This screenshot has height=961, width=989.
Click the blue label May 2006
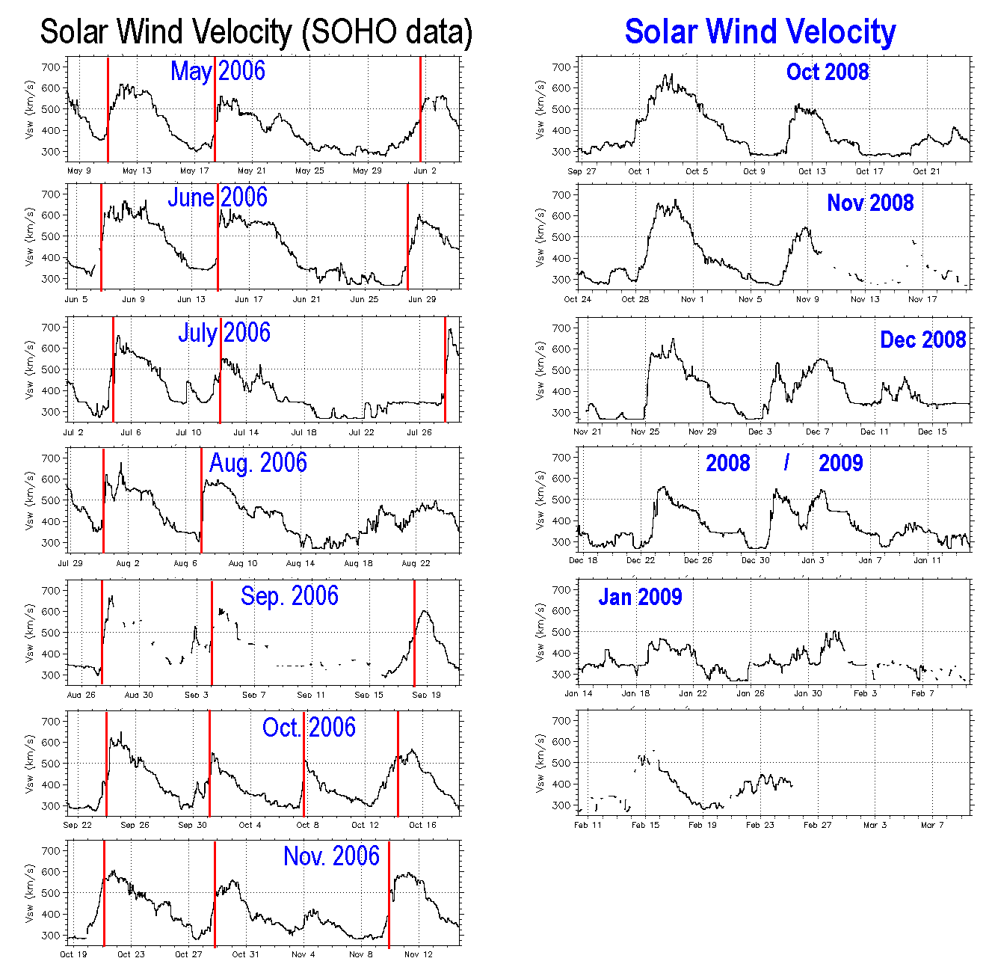(x=218, y=71)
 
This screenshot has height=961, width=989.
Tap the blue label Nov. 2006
(x=331, y=856)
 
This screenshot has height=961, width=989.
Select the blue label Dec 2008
(x=922, y=340)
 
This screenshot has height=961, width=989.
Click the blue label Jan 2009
(x=640, y=597)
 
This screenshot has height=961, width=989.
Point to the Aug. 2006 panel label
(x=258, y=463)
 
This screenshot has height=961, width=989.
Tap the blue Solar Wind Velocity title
(x=760, y=32)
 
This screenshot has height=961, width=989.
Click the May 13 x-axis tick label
(x=137, y=171)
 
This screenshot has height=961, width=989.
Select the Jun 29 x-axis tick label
(x=422, y=299)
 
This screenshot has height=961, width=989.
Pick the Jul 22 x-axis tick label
(x=361, y=432)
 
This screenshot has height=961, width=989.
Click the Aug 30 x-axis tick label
(x=138, y=695)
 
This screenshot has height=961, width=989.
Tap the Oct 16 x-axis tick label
(x=422, y=825)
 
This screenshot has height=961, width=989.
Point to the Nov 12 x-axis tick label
(x=419, y=954)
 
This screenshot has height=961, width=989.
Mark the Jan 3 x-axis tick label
(x=813, y=560)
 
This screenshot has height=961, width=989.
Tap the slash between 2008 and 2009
(x=786, y=464)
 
